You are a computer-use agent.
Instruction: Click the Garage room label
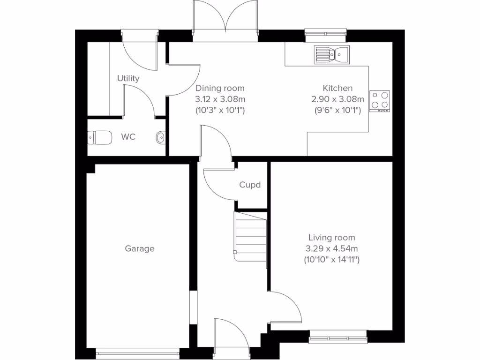tap(139, 249)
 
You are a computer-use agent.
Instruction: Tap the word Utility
tap(128, 79)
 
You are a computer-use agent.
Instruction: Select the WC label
tap(128, 137)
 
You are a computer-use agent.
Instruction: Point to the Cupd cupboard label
tap(250, 185)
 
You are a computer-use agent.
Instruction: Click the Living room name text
tap(331, 238)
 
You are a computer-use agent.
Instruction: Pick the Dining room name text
tap(220, 88)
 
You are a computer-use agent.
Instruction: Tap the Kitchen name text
tap(337, 88)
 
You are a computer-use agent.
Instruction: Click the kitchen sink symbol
tap(331, 54)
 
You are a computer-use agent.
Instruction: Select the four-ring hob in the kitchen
tap(380, 101)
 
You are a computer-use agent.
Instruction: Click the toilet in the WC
tap(100, 138)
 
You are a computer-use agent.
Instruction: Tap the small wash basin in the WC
tap(160, 137)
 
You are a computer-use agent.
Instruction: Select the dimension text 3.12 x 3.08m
tap(220, 99)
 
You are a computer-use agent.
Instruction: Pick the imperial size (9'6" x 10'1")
tap(337, 110)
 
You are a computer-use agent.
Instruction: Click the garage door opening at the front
tap(137, 350)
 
